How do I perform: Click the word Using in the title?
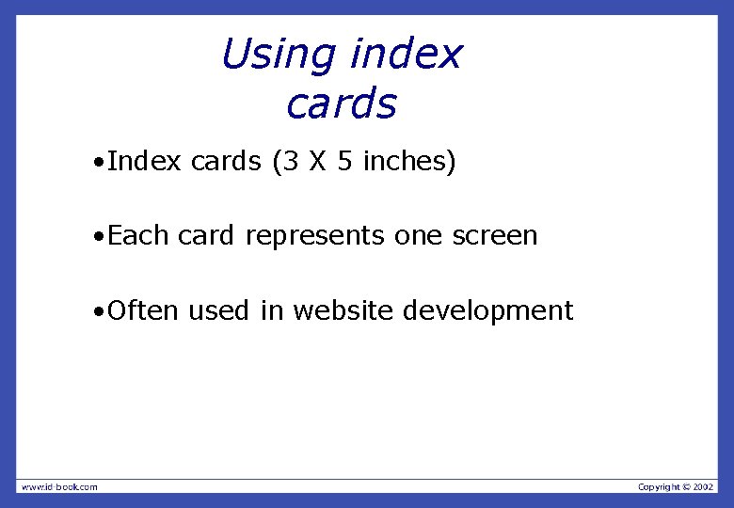pyautogui.click(x=279, y=55)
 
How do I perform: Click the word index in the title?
pyautogui.click(x=406, y=55)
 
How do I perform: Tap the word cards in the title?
pyautogui.click(x=342, y=104)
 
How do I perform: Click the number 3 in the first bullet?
pyautogui.click(x=291, y=162)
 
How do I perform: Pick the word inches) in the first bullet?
pyautogui.click(x=409, y=162)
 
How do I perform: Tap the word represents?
pyautogui.click(x=315, y=236)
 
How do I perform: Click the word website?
pyautogui.click(x=344, y=310)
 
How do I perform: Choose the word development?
pyautogui.click(x=489, y=311)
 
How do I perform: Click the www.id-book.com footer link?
pyautogui.click(x=58, y=486)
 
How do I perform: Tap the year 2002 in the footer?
pyautogui.click(x=704, y=486)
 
